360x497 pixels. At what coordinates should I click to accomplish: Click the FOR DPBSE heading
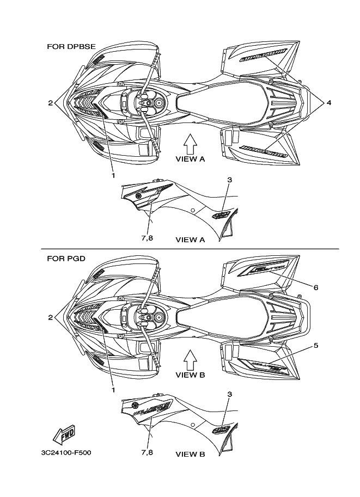click(71, 47)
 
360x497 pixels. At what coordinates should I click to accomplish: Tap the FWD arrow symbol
click(64, 435)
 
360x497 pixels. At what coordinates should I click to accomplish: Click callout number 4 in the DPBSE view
click(329, 102)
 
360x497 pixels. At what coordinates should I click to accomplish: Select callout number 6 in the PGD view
click(315, 286)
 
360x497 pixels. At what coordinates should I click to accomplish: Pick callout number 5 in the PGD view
click(315, 345)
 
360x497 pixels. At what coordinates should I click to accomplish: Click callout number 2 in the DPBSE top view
click(50, 102)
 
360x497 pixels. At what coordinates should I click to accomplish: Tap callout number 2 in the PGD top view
click(50, 317)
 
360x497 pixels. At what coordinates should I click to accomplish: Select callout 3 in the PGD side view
click(230, 393)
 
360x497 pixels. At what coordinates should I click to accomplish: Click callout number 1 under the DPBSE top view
click(113, 175)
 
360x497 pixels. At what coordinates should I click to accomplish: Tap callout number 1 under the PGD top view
click(113, 390)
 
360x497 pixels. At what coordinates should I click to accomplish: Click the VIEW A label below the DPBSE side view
click(190, 239)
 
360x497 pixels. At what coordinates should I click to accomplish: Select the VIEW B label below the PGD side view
click(190, 453)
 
